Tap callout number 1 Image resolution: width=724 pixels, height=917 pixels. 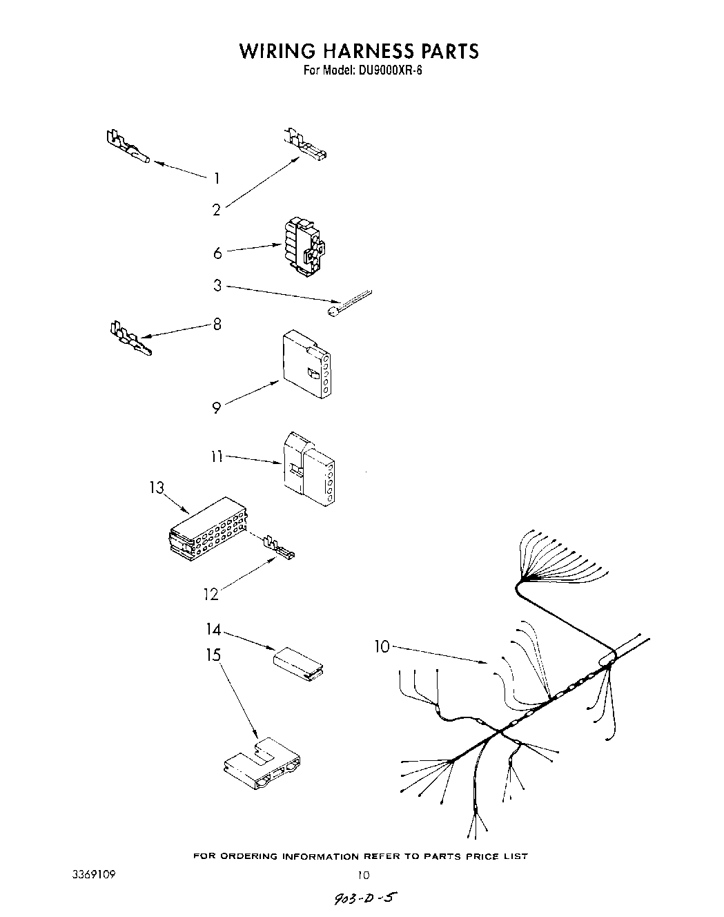pyautogui.click(x=217, y=179)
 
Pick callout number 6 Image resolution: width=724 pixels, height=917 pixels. pyautogui.click(x=217, y=253)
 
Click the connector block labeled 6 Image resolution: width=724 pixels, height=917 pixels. pyautogui.click(x=304, y=247)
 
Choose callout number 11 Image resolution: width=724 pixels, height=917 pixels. pyautogui.click(x=216, y=456)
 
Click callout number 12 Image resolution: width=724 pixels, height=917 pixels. pyautogui.click(x=211, y=594)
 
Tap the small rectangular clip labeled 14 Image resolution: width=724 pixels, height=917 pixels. pyautogui.click(x=300, y=659)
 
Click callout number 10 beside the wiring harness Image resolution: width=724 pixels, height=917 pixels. pyautogui.click(x=382, y=646)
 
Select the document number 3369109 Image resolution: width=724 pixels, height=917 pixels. pyautogui.click(x=94, y=873)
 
